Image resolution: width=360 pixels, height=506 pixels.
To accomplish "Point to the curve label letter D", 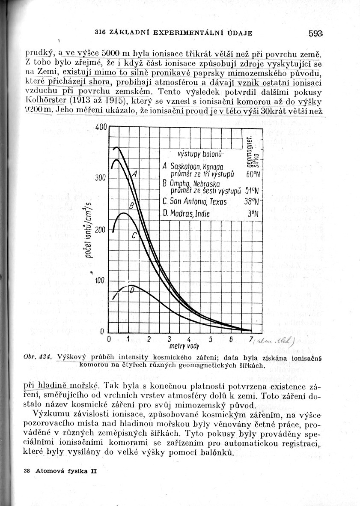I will point(132,290).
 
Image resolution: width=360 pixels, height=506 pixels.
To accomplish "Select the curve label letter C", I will point(134,235).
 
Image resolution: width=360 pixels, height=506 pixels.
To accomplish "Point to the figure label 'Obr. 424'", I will point(37,357).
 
